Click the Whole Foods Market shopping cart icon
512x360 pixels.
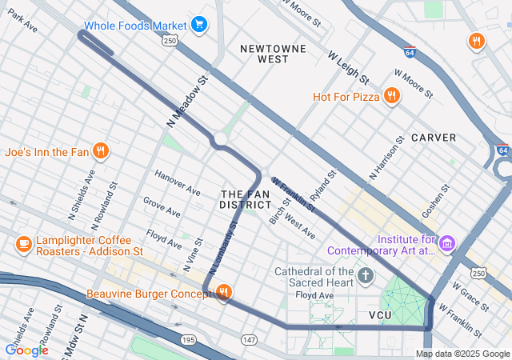point(199,25)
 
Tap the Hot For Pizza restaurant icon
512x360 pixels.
point(391,97)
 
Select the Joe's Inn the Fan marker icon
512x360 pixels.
point(100,150)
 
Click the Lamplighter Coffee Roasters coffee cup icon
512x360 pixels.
point(23,242)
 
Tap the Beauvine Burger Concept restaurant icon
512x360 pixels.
point(223,294)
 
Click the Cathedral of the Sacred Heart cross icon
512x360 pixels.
point(366,276)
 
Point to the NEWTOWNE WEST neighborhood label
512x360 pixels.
point(274,54)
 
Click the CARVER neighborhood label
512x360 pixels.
point(434,138)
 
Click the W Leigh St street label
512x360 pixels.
point(349,68)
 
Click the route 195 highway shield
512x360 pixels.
point(188,340)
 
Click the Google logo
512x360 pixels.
point(26,350)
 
